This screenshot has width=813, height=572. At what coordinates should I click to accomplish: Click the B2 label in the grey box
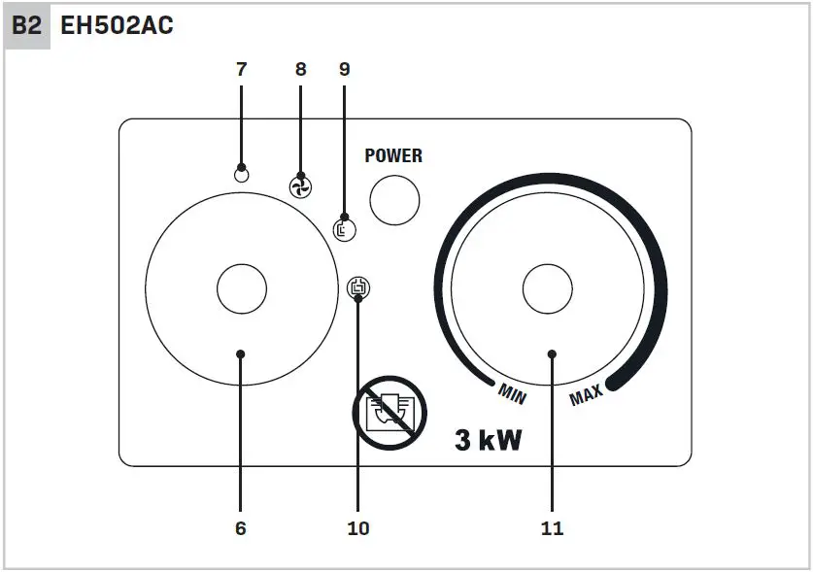(27, 26)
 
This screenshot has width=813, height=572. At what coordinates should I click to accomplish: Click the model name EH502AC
(117, 26)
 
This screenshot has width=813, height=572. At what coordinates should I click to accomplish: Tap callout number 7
(241, 69)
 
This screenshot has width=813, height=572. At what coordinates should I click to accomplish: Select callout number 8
(300, 69)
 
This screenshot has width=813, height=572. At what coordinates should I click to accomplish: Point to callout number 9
(344, 69)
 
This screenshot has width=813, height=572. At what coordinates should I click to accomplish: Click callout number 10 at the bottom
(358, 528)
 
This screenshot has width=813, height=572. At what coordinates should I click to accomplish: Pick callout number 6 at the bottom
(241, 528)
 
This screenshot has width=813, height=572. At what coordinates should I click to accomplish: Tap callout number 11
(552, 528)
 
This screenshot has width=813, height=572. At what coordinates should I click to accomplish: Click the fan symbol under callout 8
(301, 186)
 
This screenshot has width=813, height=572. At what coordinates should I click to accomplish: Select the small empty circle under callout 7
(242, 175)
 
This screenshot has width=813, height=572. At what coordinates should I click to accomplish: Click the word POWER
(393, 155)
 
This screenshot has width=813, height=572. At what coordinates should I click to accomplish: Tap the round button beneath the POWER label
(395, 201)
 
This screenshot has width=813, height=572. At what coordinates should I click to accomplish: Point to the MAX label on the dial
(586, 394)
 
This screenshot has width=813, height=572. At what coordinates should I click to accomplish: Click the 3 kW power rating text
(489, 441)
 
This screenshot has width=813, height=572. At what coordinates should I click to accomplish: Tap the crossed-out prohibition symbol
(390, 412)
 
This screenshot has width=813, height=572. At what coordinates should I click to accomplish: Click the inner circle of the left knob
(241, 288)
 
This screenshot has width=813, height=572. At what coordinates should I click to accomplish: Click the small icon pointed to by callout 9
(344, 229)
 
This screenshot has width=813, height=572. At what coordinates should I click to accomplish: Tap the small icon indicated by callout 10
(359, 287)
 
